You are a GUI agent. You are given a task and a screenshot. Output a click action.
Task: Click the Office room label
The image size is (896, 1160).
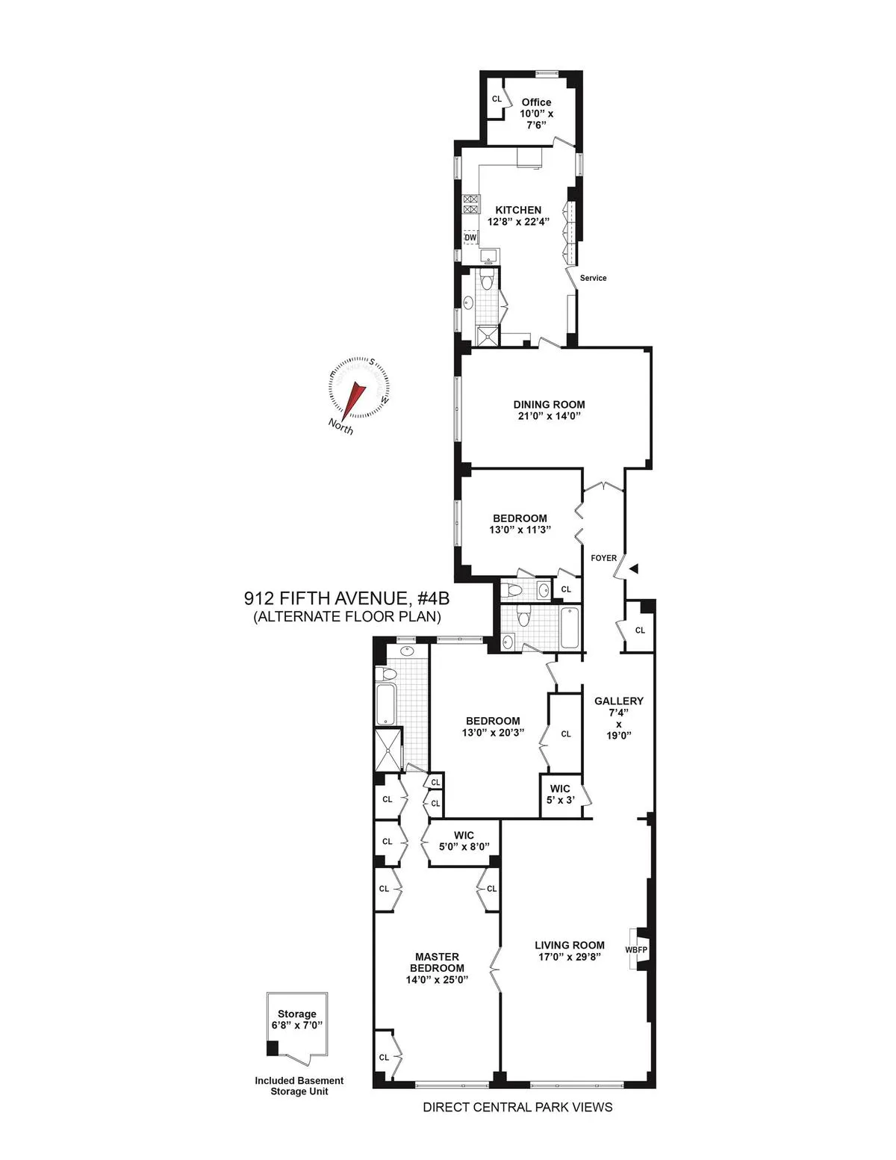point(536,102)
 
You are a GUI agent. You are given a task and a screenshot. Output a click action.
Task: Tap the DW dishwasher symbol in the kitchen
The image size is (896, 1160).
point(470,238)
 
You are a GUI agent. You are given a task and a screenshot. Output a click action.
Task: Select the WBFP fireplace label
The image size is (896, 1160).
point(636,950)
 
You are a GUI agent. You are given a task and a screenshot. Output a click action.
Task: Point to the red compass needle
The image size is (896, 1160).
point(353,397)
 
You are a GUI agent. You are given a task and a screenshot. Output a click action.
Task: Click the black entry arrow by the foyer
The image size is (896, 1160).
point(634,569)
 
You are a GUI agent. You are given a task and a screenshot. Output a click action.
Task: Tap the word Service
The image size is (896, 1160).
point(593,278)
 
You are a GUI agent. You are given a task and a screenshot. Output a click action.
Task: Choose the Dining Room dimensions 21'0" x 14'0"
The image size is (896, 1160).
point(549,416)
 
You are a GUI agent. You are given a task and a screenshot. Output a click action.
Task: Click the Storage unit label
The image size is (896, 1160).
point(297,1014)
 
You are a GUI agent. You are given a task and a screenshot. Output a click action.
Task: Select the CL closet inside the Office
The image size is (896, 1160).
point(497,99)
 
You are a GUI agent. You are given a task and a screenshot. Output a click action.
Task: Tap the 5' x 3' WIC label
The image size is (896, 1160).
point(560,800)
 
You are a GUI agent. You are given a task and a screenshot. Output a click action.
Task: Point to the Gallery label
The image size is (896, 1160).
point(618,701)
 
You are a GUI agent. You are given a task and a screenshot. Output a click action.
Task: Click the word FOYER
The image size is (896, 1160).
point(603,558)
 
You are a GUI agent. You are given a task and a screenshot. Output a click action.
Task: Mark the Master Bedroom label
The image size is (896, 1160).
point(437,962)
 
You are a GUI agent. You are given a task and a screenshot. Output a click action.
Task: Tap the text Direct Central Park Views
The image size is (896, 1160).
point(517,1107)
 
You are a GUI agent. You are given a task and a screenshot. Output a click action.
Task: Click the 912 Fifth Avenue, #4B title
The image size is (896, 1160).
point(346,599)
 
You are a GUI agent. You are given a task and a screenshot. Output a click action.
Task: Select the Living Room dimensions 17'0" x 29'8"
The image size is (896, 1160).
point(569,957)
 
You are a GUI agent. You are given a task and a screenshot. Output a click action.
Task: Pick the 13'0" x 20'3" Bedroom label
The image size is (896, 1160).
point(493,727)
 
